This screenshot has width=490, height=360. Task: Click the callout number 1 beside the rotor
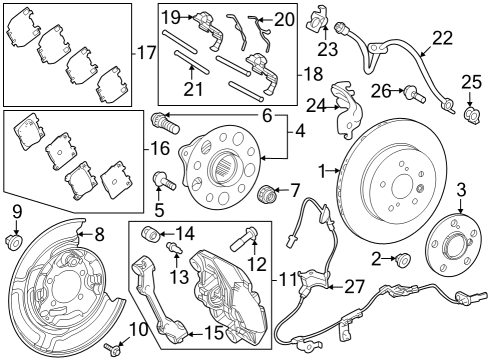point(323,172)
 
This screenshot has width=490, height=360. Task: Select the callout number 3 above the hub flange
point(461,190)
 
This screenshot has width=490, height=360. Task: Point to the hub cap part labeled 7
point(267,192)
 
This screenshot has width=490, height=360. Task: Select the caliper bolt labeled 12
point(248,239)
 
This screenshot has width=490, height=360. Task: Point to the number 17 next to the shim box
point(146,52)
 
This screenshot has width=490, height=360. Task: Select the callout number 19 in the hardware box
point(171,16)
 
